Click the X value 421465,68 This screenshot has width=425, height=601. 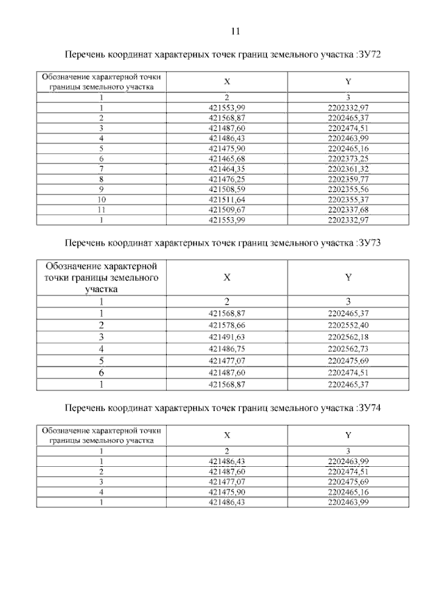227,159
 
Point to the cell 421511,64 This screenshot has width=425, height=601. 227,199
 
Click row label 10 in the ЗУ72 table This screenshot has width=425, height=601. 102,199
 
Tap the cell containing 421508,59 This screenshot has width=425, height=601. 227,189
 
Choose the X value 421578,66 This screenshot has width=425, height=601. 227,325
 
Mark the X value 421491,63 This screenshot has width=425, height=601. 227,337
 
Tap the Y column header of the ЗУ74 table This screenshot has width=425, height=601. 348,435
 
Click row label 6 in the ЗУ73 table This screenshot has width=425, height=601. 102,373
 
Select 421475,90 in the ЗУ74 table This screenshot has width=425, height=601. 227,492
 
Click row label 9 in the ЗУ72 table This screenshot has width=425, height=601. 102,189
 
